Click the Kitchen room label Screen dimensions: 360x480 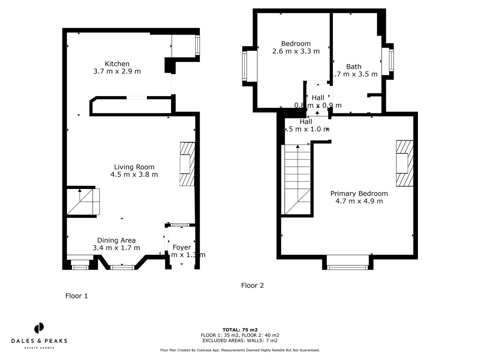point(117,64)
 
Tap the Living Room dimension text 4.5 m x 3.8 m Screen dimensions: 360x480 point(134,174)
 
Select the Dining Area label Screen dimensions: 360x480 point(116,240)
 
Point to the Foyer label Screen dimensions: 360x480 point(182,247)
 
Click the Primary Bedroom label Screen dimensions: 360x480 point(359,194)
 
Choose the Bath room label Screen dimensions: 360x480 point(354,67)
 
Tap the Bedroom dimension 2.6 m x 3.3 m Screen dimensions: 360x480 point(296,51)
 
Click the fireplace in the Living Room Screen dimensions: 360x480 point(187,164)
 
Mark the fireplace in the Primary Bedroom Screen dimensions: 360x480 point(404,163)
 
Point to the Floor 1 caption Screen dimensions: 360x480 point(77,296)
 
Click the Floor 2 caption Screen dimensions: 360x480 point(252,286)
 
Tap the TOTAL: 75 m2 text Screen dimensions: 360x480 point(240,330)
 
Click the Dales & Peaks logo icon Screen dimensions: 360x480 point(39,328)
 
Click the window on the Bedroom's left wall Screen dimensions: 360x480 point(245,66)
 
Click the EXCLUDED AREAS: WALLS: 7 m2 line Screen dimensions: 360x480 point(240,341)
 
